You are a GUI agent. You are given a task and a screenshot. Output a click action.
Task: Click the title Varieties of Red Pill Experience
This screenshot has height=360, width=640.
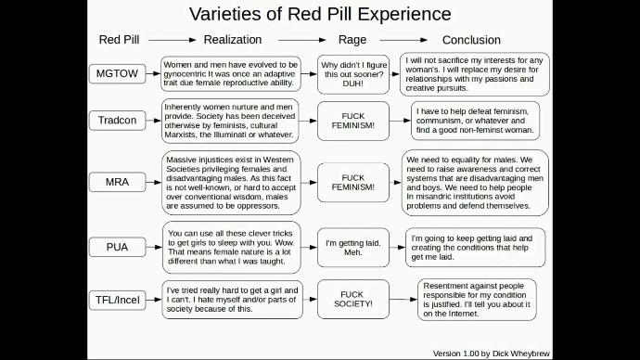(x=320, y=14)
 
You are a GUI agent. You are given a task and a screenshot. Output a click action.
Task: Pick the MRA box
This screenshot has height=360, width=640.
(x=117, y=181)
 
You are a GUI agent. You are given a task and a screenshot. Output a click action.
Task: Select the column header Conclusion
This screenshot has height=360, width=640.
(x=471, y=40)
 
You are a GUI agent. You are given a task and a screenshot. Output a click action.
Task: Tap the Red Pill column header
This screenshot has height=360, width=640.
(x=118, y=40)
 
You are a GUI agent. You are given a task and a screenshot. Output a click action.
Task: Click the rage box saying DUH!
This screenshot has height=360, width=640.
(x=352, y=73)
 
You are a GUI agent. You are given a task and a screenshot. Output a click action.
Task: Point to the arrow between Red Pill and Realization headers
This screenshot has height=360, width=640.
(x=170, y=41)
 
